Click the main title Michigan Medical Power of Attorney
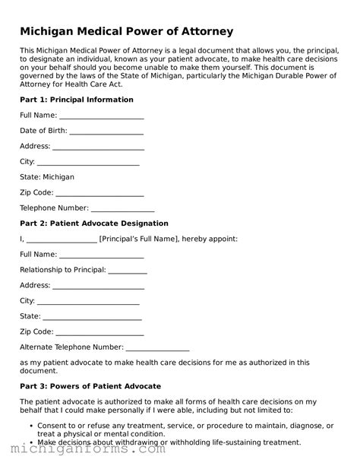click(x=126, y=31)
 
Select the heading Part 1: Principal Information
click(x=77, y=100)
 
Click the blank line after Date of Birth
click(x=106, y=131)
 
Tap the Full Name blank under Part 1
click(x=101, y=116)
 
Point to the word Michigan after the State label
click(x=59, y=177)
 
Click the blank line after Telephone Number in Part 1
click(x=123, y=208)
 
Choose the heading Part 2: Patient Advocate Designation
click(x=94, y=223)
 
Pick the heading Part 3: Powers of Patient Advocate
click(x=90, y=386)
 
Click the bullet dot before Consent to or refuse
click(x=30, y=426)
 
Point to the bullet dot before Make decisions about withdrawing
click(x=30, y=442)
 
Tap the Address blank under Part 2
click(x=98, y=286)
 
